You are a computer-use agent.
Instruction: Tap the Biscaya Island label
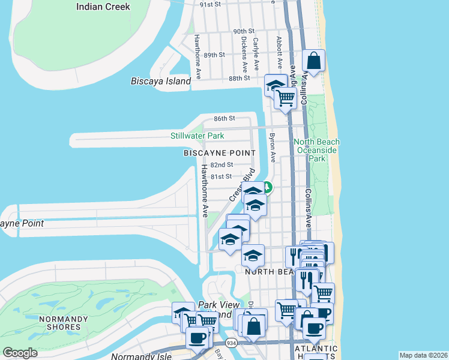click(x=161, y=81)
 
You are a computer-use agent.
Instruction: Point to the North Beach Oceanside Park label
click(x=316, y=151)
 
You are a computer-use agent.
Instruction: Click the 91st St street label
click(x=211, y=4)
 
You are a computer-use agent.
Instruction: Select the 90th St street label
click(x=244, y=31)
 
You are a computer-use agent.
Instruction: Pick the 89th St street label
click(x=214, y=55)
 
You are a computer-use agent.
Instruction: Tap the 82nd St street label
click(x=221, y=165)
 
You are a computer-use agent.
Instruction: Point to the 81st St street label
click(x=221, y=176)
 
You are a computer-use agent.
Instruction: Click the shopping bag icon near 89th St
click(x=313, y=60)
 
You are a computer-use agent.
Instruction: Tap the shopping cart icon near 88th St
click(x=286, y=97)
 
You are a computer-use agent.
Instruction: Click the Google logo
click(x=20, y=353)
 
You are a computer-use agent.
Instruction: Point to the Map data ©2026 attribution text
click(x=423, y=355)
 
